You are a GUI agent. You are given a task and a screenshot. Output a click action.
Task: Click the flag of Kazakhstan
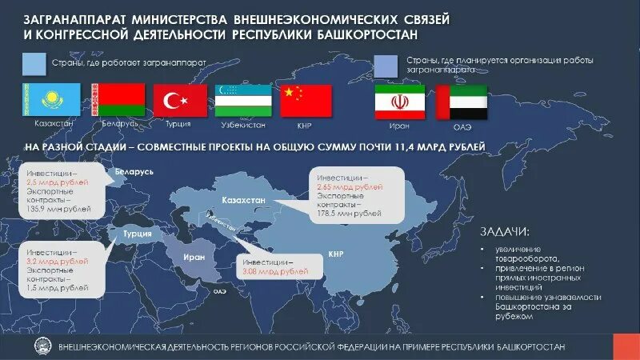pyautogui.click(x=50, y=99)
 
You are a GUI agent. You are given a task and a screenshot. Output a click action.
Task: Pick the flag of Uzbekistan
pyautogui.click(x=239, y=100)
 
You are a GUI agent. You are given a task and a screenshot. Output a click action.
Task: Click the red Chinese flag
pyautogui.click(x=306, y=100)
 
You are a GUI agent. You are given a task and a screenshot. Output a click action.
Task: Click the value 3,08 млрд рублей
pyautogui.click(x=275, y=272)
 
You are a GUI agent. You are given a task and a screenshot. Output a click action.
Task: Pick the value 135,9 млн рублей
pyautogui.click(x=58, y=209)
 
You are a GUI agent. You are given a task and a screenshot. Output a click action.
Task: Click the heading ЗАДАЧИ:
pyautogui.click(x=504, y=232)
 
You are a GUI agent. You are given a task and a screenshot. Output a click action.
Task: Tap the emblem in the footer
pyautogui.click(x=39, y=346)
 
